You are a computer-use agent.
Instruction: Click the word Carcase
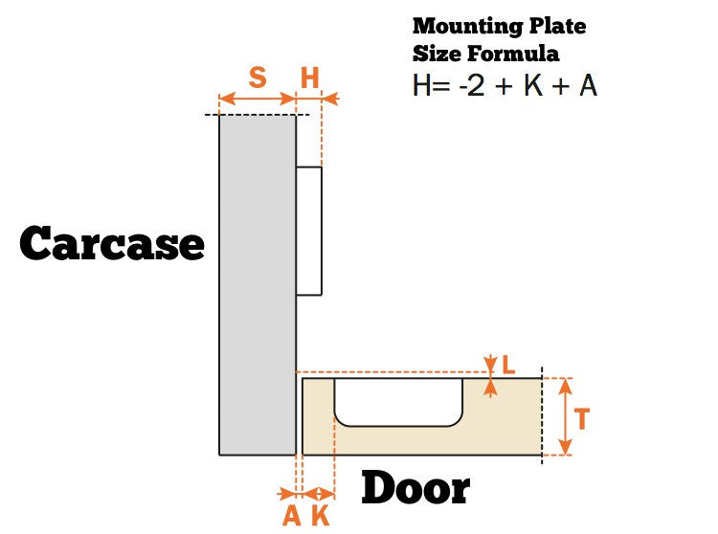pos(112,243)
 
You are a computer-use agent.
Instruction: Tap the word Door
pos(415,488)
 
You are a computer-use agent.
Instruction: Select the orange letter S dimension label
pos(258,77)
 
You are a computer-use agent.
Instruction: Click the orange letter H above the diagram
pos(309,78)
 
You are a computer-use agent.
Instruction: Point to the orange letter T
pos(581,418)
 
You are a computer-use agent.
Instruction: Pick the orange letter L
pos(508,365)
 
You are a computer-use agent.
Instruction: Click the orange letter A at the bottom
pos(292,516)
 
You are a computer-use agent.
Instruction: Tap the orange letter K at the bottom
pos(321,516)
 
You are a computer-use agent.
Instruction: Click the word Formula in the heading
pos(513,54)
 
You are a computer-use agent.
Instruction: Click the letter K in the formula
pos(533,85)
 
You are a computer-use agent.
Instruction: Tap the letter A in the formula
pos(589,85)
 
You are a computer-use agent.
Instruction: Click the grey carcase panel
pos(258,284)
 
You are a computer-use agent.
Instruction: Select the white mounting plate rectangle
pos(309,231)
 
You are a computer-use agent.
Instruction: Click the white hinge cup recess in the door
pos(398,402)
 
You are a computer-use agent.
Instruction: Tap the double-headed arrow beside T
pos(566,416)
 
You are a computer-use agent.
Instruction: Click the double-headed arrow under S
pos(258,99)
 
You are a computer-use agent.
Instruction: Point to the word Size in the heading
pos(437,54)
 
